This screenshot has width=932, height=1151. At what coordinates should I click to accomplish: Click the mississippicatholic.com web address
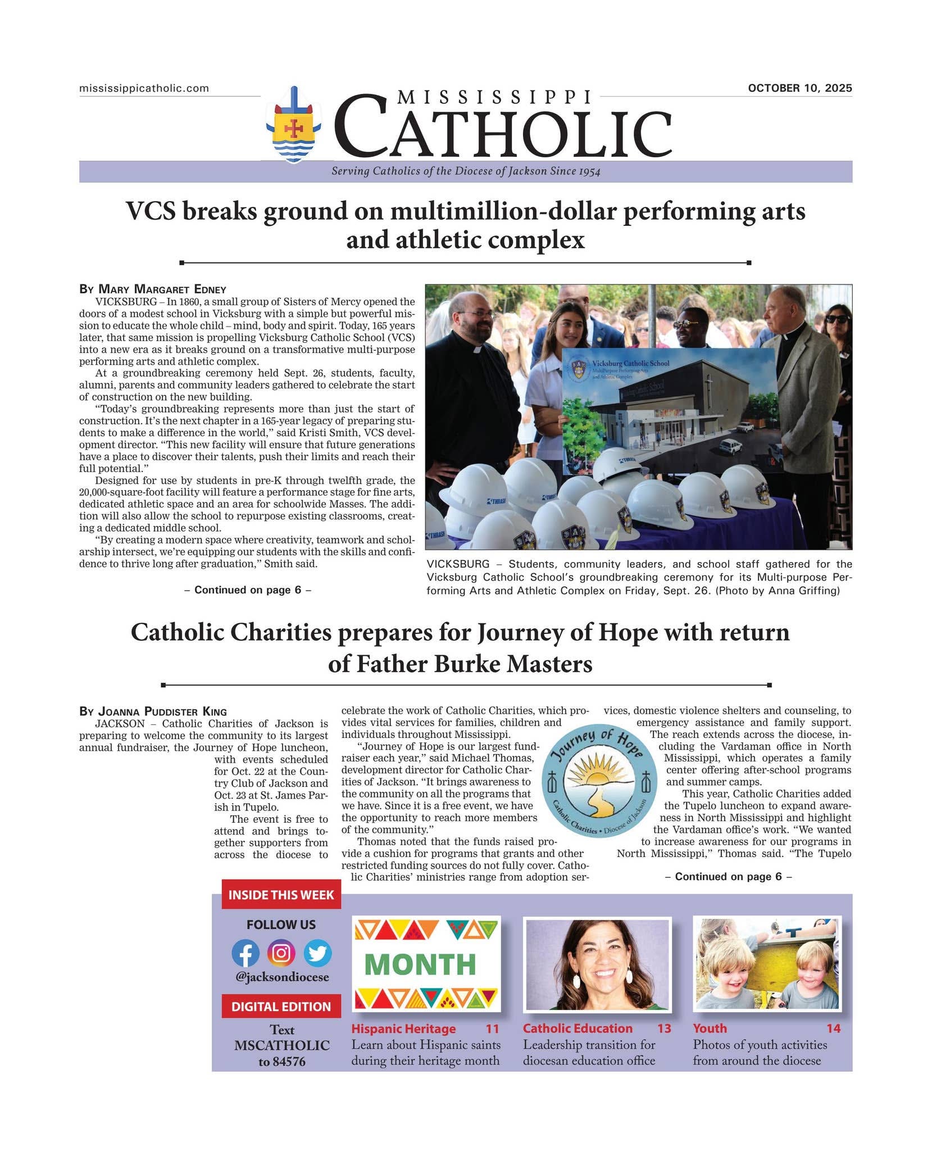[144, 88]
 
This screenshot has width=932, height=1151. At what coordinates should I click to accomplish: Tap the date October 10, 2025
[799, 88]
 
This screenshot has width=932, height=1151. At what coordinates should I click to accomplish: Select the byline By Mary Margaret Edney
[152, 289]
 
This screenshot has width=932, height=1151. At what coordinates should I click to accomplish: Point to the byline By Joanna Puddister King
[153, 712]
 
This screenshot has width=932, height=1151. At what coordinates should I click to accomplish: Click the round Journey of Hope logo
[599, 781]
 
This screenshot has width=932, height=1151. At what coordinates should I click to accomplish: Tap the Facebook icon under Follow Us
[245, 954]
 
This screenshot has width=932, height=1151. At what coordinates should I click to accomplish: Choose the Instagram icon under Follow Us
[281, 953]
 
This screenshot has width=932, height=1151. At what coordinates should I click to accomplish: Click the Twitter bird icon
[317, 954]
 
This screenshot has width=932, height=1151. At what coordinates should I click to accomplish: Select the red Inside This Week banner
[281, 895]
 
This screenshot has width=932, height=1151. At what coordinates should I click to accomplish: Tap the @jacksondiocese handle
[281, 977]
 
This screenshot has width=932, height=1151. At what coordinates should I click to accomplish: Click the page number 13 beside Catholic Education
[664, 1028]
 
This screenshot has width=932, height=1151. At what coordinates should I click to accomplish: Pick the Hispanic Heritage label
[403, 1028]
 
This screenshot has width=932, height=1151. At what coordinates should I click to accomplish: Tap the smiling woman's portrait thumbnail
[597, 964]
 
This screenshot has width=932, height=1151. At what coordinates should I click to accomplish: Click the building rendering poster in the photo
[669, 410]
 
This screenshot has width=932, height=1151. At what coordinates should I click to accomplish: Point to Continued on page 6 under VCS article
[247, 590]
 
